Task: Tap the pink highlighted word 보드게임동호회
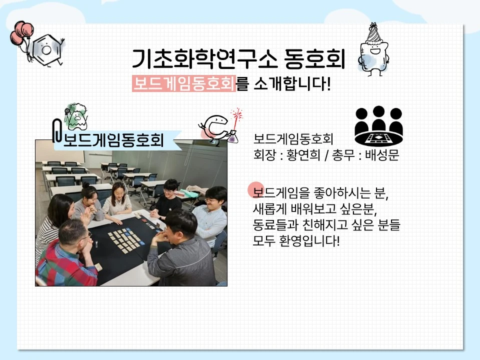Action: (x=183, y=83)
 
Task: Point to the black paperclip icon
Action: (x=57, y=130)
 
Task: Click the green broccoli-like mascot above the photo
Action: (x=76, y=116)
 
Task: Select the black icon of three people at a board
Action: (x=378, y=126)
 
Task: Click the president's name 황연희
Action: (x=303, y=155)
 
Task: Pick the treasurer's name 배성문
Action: (x=382, y=155)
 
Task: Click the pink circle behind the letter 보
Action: (x=256, y=189)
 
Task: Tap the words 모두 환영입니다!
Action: (x=296, y=240)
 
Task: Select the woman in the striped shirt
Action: (x=53, y=223)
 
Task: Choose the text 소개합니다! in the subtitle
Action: (x=292, y=83)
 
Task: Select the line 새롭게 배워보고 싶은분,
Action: (x=315, y=209)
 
